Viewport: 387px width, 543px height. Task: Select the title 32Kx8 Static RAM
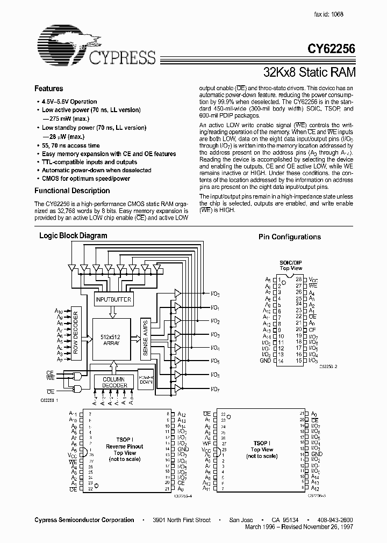click(309, 70)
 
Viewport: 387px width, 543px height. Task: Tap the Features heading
click(48, 89)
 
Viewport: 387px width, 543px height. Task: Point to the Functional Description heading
click(71, 190)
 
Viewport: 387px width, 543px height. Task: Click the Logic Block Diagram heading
click(73, 236)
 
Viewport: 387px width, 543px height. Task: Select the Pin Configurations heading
click(289, 237)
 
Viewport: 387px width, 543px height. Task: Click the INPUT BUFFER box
click(113, 299)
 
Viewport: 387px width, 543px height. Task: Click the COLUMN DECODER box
click(114, 382)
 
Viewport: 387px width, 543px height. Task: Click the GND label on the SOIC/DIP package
click(266, 361)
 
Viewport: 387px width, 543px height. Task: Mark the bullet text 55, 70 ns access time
click(70, 145)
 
